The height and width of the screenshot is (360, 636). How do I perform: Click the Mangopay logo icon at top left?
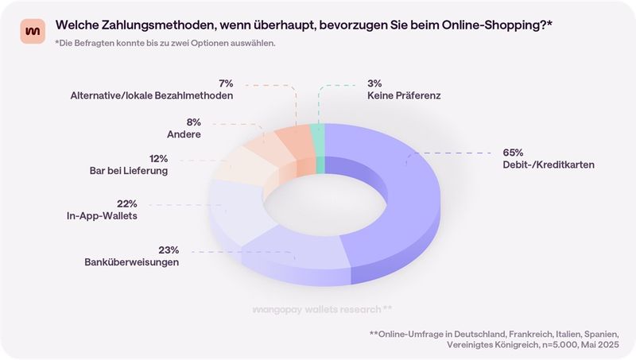[x=33, y=30]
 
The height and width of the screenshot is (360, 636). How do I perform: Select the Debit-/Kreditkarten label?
[x=549, y=165]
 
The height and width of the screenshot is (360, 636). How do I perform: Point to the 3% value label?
[x=375, y=83]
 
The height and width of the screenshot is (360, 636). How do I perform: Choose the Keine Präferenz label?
[x=404, y=95]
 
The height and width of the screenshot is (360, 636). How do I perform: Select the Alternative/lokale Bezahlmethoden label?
[x=151, y=95]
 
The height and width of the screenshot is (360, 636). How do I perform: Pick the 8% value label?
[x=193, y=122]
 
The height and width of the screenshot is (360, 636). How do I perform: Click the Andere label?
[x=184, y=135]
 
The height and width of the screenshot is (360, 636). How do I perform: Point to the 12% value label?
[x=159, y=158]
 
